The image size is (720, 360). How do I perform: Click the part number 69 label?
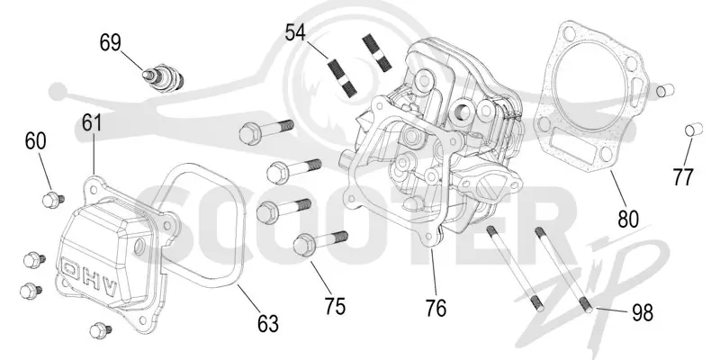click(110, 43)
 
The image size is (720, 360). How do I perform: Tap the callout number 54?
click(295, 33)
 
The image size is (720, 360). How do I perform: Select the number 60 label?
click(35, 141)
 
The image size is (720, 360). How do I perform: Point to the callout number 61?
click(92, 123)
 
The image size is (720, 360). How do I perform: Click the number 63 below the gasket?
click(268, 324)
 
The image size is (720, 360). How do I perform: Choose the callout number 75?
click(335, 306)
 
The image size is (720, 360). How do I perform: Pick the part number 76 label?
click(436, 309)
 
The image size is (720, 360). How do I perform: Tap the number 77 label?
click(682, 176)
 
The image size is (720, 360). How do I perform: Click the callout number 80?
click(628, 220)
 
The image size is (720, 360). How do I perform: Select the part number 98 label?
click(643, 313)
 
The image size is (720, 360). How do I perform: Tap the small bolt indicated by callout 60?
click(53, 200)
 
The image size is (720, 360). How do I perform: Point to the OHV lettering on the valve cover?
click(90, 279)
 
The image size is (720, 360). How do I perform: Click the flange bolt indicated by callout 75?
click(320, 241)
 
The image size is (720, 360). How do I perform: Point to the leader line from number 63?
click(250, 300)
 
